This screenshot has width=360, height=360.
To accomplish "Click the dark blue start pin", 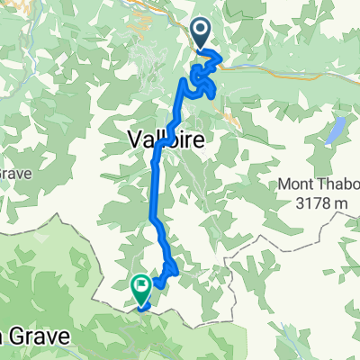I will click(x=202, y=35).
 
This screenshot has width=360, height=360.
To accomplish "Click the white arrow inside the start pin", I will click(x=202, y=32).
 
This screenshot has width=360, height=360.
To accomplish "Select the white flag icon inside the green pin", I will click(x=141, y=285).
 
